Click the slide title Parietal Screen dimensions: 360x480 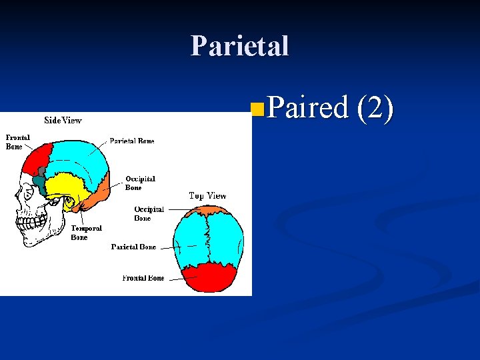pyautogui.click(x=239, y=46)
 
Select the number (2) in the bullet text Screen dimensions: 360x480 pyautogui.click(x=376, y=108)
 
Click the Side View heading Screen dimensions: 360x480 pyautogui.click(x=63, y=121)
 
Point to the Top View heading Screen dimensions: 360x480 pyautogui.click(x=207, y=196)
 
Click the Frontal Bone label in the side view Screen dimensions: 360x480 pyautogui.click(x=18, y=142)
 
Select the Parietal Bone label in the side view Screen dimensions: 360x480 pyautogui.click(x=132, y=141)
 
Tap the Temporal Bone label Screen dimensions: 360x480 pyautogui.click(x=86, y=233)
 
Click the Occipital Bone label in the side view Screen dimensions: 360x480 pyautogui.click(x=140, y=183)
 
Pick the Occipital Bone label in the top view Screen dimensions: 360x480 pyautogui.click(x=149, y=213)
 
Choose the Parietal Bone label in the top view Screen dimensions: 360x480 pyautogui.click(x=133, y=247)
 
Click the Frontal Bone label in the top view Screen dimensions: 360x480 pyautogui.click(x=143, y=278)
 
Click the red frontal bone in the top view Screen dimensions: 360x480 pyautogui.click(x=208, y=278)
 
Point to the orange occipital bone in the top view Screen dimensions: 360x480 pyautogui.click(x=208, y=211)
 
